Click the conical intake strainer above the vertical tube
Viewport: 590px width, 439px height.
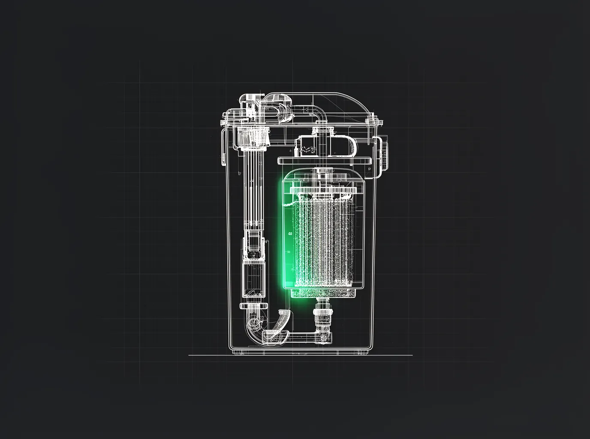[x=253, y=137]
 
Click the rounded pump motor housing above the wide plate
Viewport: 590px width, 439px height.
[x=326, y=146]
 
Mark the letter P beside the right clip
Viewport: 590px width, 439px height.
[x=369, y=169]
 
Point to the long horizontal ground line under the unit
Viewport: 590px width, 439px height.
[x=300, y=355]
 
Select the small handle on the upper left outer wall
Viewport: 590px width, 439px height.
[x=223, y=148]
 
